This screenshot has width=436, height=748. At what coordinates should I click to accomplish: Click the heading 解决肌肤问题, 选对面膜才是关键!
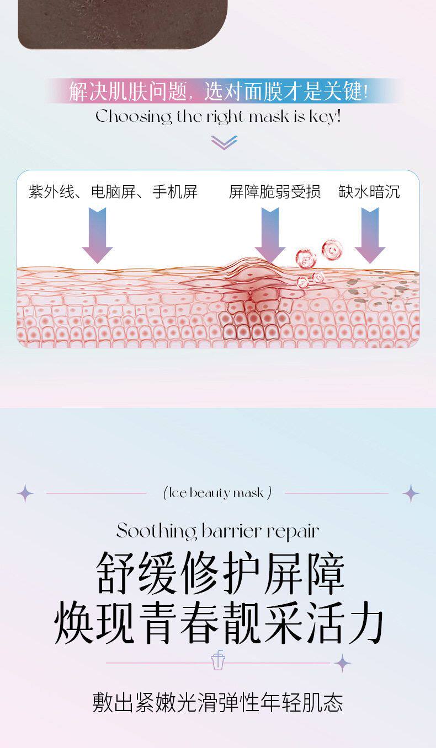(x=218, y=92)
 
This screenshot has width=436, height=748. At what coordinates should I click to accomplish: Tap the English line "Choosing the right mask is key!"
(x=218, y=117)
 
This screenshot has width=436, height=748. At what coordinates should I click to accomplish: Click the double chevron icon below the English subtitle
(x=224, y=142)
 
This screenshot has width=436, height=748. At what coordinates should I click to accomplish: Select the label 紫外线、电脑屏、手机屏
(x=113, y=192)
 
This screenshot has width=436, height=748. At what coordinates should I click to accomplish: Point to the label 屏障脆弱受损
(x=274, y=192)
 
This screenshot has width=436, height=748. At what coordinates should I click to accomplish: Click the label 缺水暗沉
(x=369, y=192)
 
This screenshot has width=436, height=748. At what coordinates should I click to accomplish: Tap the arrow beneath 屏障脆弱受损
(x=270, y=234)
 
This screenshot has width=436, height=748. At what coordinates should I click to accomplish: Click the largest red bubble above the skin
(x=332, y=249)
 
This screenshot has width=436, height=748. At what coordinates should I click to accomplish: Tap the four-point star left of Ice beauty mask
(x=25, y=493)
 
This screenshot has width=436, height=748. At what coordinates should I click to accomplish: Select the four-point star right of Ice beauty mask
(x=411, y=493)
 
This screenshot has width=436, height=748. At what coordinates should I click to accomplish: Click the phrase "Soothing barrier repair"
(x=218, y=531)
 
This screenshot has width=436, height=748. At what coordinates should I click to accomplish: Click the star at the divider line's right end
(x=343, y=663)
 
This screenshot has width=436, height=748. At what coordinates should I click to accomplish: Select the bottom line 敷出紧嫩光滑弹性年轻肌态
(x=218, y=702)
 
